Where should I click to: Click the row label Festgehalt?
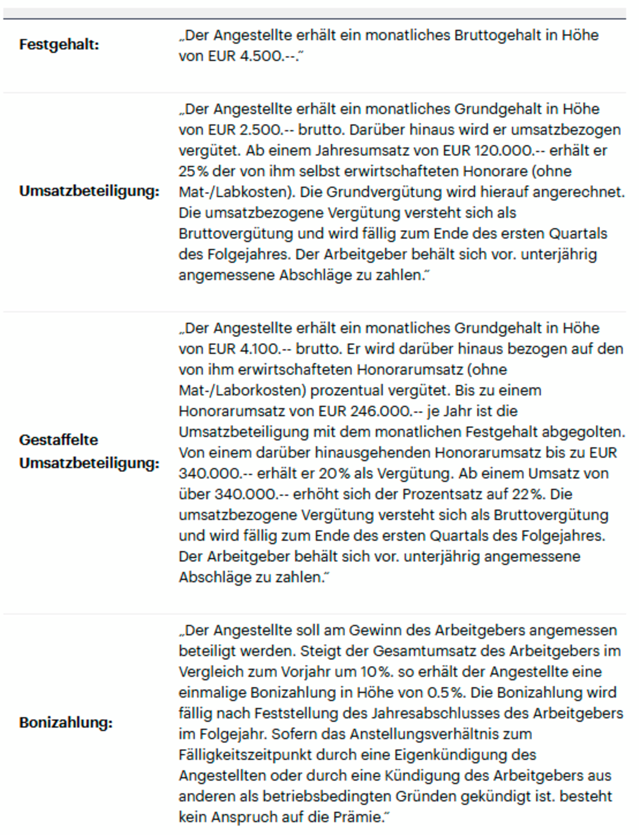click(59, 44)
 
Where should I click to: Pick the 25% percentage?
click(194, 172)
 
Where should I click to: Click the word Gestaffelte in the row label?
click(59, 440)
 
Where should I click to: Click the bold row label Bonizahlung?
click(66, 722)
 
